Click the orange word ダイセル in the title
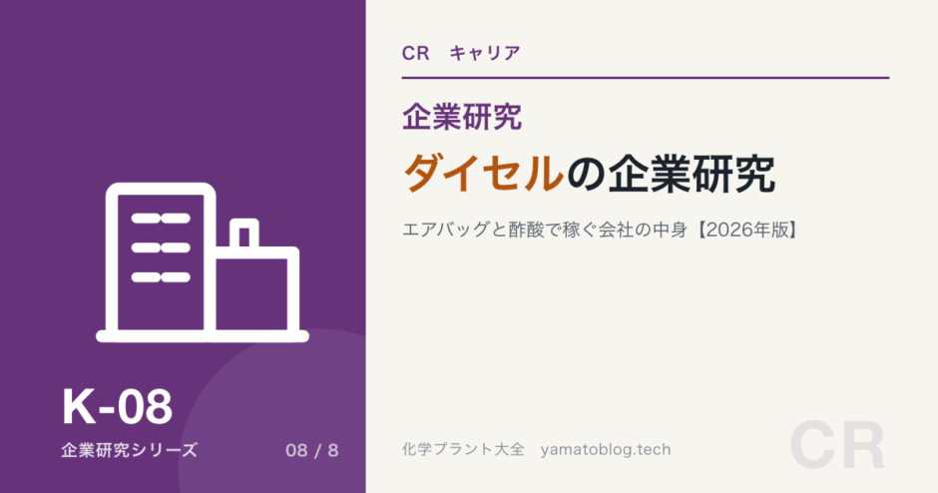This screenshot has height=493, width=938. click(x=484, y=174)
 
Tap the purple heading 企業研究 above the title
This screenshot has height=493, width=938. click(x=462, y=117)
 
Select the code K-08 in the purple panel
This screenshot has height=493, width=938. click(x=118, y=407)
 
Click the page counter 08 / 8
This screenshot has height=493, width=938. click(x=311, y=450)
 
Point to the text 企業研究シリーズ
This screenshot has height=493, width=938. click(x=129, y=450)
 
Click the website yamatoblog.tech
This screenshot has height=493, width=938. click(x=606, y=449)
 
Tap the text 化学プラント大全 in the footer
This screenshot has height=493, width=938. click(x=463, y=449)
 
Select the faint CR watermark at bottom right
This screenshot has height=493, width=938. click(x=837, y=445)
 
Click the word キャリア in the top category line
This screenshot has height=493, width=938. click(x=485, y=53)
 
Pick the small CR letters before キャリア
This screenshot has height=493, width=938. click(x=416, y=53)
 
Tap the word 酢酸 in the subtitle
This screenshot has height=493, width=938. click(x=527, y=230)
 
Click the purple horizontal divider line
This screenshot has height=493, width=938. click(x=646, y=78)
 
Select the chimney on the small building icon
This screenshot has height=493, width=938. click(x=244, y=234)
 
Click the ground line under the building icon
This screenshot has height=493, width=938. click(x=203, y=336)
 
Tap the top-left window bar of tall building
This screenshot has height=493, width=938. click(x=146, y=219)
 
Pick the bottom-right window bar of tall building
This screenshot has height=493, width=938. click(x=176, y=277)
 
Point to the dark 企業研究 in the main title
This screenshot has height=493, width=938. click(x=693, y=174)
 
